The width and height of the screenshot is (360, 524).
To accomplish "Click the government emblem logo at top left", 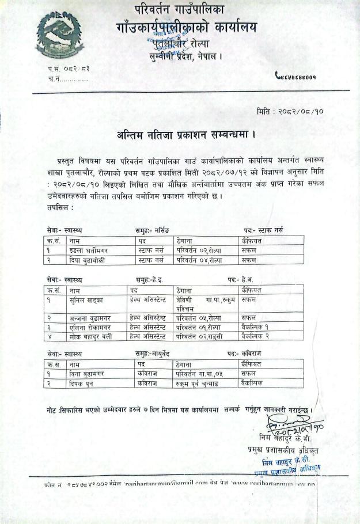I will click(57, 36).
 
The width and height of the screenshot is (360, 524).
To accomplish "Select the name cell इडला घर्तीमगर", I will click(88, 251).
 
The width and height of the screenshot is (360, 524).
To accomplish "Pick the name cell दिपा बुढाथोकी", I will click(89, 260).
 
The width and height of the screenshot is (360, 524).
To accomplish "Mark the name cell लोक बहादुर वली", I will click(89, 336).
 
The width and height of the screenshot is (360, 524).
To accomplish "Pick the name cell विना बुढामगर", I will click(88, 374).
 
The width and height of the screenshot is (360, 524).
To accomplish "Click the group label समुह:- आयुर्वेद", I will click(153, 354).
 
